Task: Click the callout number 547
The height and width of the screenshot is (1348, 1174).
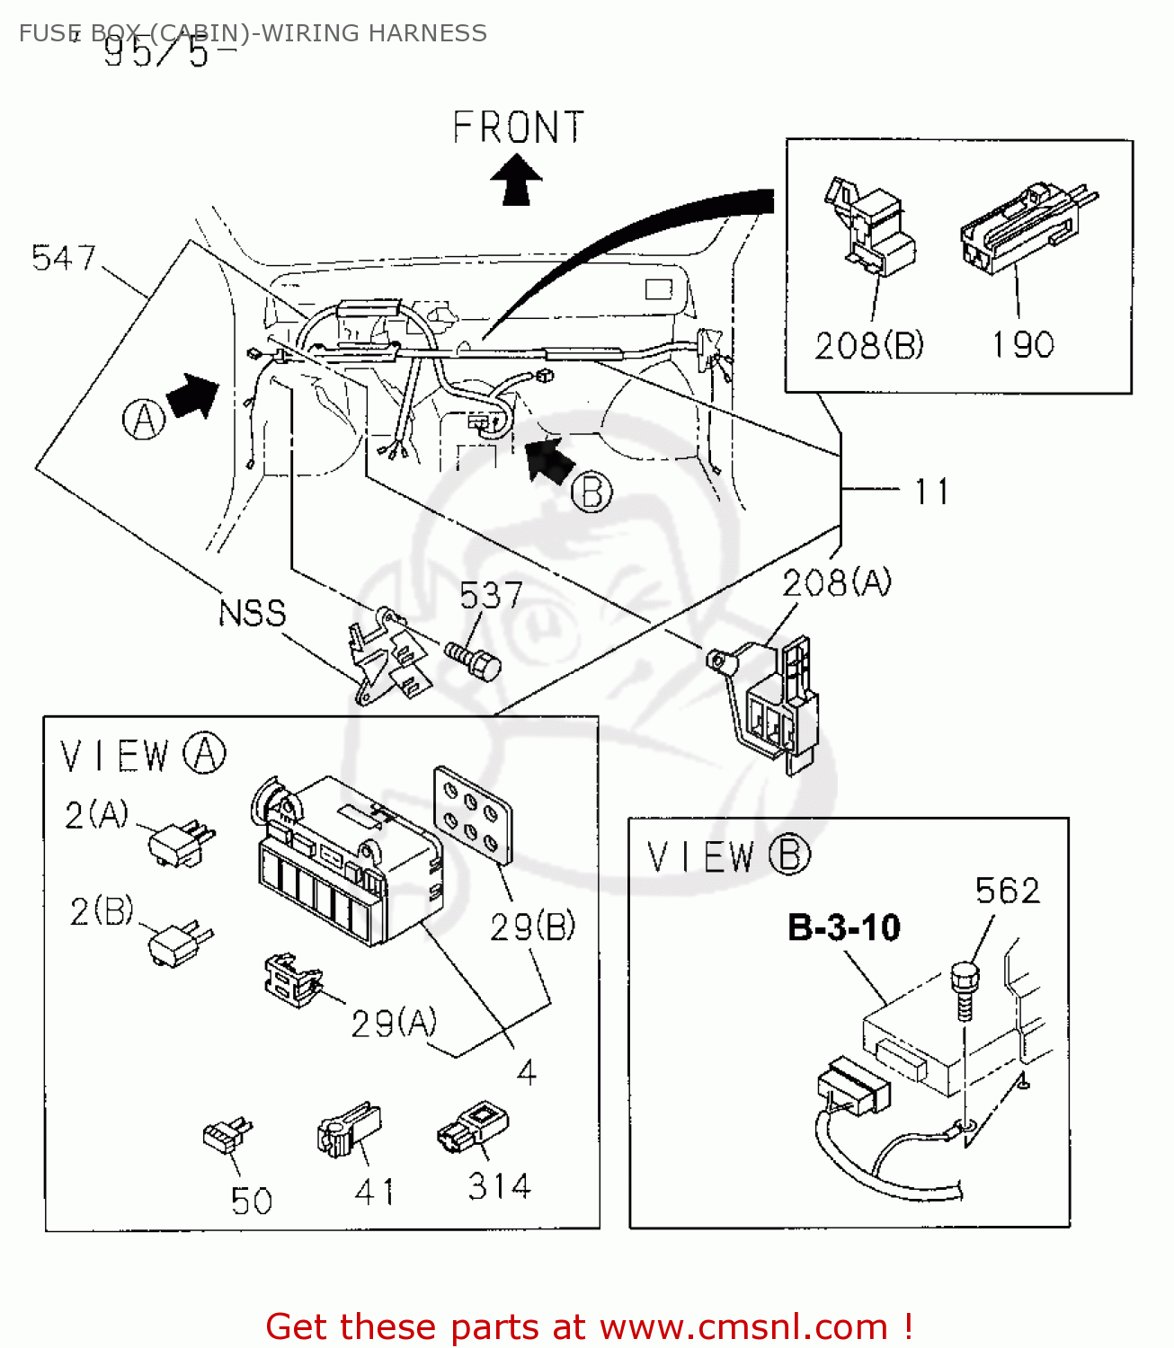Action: pos(63,259)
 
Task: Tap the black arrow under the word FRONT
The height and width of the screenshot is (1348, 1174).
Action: pos(516,180)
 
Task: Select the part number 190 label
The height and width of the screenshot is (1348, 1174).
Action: pos(1022,345)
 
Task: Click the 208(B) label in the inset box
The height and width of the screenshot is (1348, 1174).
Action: pos(869,345)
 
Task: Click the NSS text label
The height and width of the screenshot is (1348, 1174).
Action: pos(253,614)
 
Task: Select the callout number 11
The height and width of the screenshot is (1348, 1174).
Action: pos(931,492)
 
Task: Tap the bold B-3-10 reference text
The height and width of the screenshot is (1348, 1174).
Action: pos(843,927)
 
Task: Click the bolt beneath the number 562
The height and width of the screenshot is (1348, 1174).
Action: pos(964,989)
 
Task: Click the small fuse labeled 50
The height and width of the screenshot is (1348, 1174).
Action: pos(227,1137)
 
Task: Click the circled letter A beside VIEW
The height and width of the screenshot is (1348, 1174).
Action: pos(204,754)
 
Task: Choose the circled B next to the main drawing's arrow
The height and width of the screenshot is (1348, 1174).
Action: pos(591,492)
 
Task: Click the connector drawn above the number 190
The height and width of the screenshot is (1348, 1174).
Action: pos(1025,230)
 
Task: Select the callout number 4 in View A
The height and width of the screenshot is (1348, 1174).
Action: pos(527,1072)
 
